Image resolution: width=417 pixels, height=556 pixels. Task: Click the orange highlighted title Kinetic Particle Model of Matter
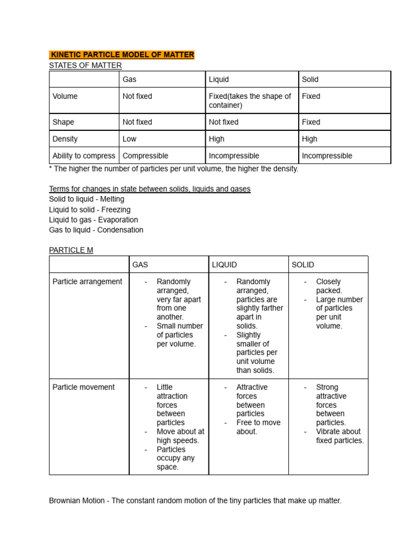[122, 55]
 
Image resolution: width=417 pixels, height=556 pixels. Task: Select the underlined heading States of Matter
[85, 65]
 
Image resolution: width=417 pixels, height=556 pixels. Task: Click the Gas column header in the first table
[129, 79]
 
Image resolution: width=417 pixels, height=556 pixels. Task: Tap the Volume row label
[65, 96]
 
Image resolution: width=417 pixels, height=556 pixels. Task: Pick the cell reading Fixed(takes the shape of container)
[250, 100]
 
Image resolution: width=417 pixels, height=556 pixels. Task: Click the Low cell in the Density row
[129, 139]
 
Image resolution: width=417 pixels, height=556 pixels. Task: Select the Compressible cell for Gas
[146, 156]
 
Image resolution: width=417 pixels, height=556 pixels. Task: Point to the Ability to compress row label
[84, 156]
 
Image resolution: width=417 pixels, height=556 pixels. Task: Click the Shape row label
[64, 122]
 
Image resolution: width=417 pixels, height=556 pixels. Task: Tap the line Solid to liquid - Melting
[86, 199]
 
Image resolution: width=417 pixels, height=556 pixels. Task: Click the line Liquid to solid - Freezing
[90, 210]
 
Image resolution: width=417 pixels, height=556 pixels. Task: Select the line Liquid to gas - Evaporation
[93, 220]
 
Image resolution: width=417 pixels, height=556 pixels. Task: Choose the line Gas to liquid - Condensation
[96, 230]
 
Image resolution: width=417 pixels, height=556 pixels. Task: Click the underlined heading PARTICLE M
[71, 250]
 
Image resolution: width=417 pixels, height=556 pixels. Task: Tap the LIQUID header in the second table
[224, 265]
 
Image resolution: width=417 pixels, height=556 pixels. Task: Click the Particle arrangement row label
[87, 282]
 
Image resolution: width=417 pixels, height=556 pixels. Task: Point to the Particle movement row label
[84, 387]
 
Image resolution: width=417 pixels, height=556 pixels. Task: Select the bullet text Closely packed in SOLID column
[328, 286]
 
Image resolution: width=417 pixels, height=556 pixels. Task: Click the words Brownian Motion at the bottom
[78, 501]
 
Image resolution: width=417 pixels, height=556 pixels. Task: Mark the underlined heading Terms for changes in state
[149, 189]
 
